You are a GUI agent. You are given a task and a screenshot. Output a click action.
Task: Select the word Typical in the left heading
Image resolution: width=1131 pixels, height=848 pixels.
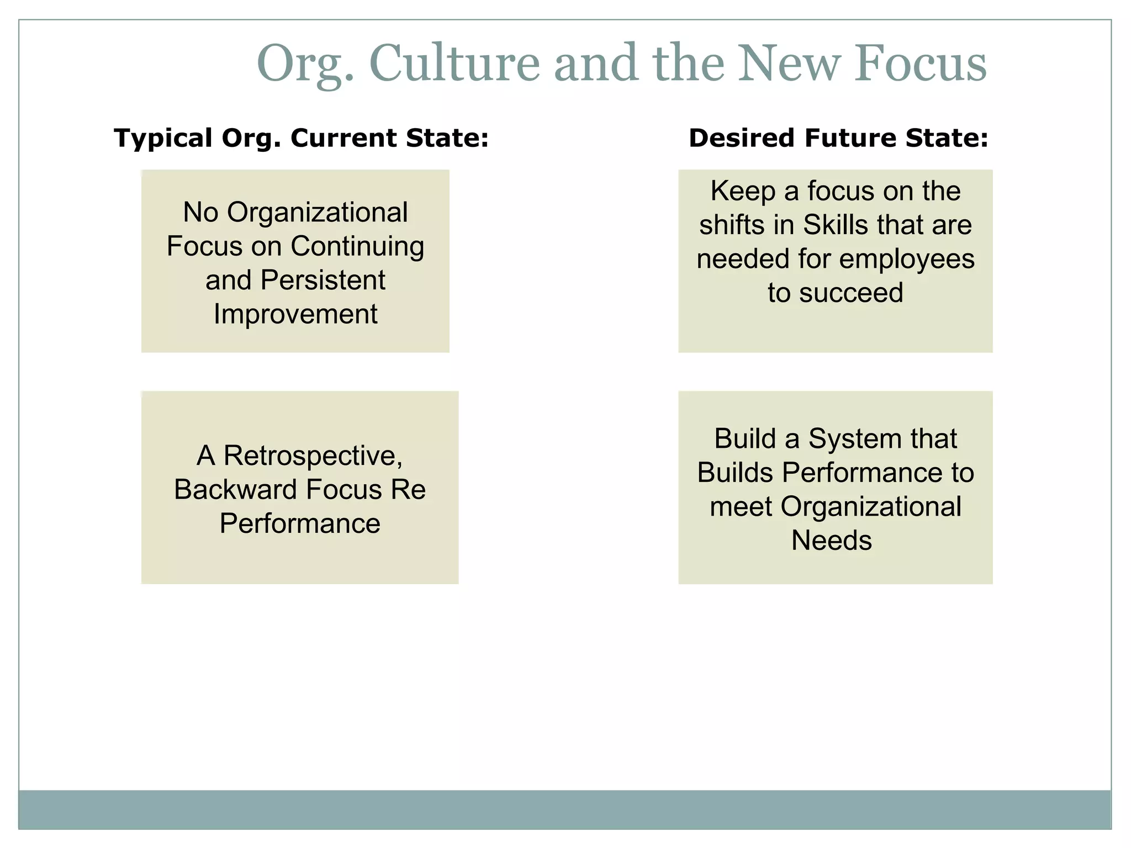[163, 138]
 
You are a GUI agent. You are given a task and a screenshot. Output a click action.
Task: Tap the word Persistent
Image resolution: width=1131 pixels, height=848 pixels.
[323, 280]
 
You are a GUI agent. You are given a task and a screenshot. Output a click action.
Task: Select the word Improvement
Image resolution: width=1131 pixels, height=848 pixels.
[295, 314]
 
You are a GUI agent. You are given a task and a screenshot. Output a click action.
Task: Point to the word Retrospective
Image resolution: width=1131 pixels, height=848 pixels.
[313, 455]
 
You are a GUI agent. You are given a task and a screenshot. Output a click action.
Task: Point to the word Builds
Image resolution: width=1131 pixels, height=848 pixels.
[734, 473]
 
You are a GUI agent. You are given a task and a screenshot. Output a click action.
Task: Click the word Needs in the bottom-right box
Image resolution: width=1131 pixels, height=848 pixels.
[831, 540]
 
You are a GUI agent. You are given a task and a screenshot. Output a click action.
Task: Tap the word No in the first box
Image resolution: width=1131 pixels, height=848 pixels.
[200, 213]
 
